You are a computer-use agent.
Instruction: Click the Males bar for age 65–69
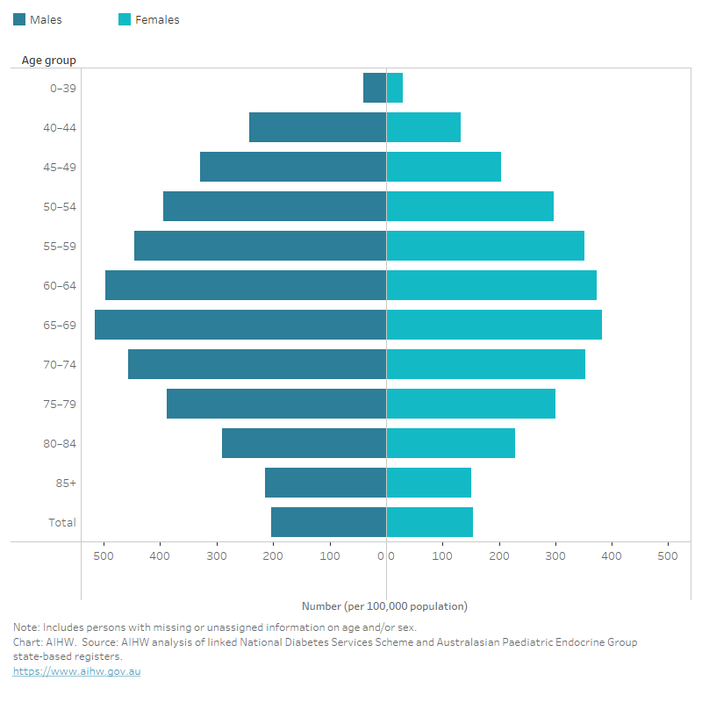pos(240,325)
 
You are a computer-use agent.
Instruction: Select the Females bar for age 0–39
pos(395,88)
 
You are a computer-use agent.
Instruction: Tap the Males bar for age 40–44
pos(318,127)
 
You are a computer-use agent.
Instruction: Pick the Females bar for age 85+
pos(429,483)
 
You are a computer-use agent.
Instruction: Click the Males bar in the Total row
pos(328,522)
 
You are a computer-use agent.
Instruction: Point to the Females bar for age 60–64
pos(491,285)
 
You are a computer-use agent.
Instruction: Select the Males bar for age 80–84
pos(304,443)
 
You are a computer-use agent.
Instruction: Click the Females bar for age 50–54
pos(470,206)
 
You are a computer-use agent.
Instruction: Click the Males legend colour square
pos(19,19)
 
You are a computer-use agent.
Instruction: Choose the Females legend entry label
pos(157,19)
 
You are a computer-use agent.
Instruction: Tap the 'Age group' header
pos(49,61)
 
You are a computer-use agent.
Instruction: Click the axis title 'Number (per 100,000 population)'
pos(384,606)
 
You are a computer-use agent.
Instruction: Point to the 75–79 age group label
pos(61,404)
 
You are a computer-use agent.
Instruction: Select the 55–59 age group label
pos(61,246)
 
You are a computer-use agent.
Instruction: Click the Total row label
pos(62,522)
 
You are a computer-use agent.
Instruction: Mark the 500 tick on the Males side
pos(104,555)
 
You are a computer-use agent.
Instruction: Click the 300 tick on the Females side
pos(555,555)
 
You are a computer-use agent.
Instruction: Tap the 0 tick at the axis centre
pos(386,555)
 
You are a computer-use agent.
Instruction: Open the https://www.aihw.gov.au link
pos(76,671)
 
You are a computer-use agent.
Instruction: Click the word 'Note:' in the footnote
pos(26,627)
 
